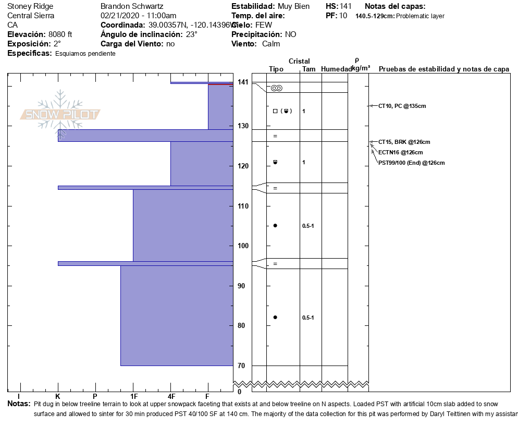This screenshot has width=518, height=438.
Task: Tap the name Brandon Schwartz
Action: pos(132,6)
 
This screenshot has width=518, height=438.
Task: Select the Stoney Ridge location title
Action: pos(30,6)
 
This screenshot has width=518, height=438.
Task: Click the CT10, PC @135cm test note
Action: pos(402,106)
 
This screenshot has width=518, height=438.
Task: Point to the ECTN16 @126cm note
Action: pos(400,152)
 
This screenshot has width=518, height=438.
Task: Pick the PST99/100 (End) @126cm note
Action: pos(411,163)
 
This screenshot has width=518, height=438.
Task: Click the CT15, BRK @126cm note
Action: pos(404,142)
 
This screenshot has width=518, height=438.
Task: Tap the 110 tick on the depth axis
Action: pos(243,206)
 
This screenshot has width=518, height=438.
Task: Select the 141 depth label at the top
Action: pos(243,82)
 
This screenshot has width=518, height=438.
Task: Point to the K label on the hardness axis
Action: pos(58,397)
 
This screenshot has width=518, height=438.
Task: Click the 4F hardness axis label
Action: pos(171,397)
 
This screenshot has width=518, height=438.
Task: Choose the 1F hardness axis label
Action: pos(133,397)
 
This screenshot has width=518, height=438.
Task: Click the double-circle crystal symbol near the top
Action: pos(276,88)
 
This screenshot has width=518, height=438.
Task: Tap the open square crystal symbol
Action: pos(275,111)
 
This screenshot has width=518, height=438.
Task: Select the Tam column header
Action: pos(309,69)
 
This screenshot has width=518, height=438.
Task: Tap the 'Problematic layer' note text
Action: pos(421,16)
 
